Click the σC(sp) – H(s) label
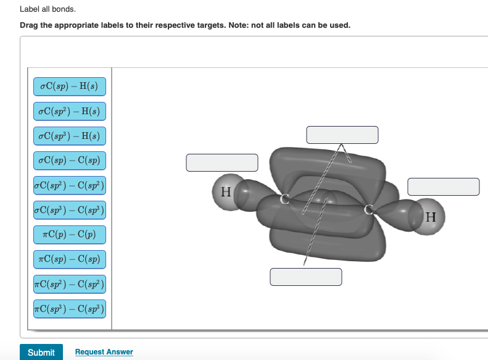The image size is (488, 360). click(70, 86)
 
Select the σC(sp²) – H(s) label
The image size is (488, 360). click(70, 111)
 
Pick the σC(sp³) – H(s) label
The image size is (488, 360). click(70, 136)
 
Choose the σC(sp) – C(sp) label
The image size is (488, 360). click(70, 161)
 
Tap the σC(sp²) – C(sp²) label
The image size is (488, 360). click(70, 185)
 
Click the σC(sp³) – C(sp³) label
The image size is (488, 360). click(70, 210)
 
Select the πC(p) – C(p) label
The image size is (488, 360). click(70, 235)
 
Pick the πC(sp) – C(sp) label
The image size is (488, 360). click(70, 259)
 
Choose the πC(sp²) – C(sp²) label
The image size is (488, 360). click(70, 284)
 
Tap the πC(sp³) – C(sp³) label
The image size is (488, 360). click(70, 308)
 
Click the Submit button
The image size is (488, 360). click(41, 352)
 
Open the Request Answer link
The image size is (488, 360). click(104, 352)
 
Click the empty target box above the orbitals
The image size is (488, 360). click(342, 135)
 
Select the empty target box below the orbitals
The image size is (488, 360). click(306, 277)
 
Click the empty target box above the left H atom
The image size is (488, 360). click(222, 162)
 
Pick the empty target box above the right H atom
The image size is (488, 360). click(444, 186)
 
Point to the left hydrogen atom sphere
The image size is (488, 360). click(226, 191)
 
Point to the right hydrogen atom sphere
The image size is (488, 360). click(430, 217)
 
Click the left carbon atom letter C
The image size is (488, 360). click(286, 199)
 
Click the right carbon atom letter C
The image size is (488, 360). click(369, 209)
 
